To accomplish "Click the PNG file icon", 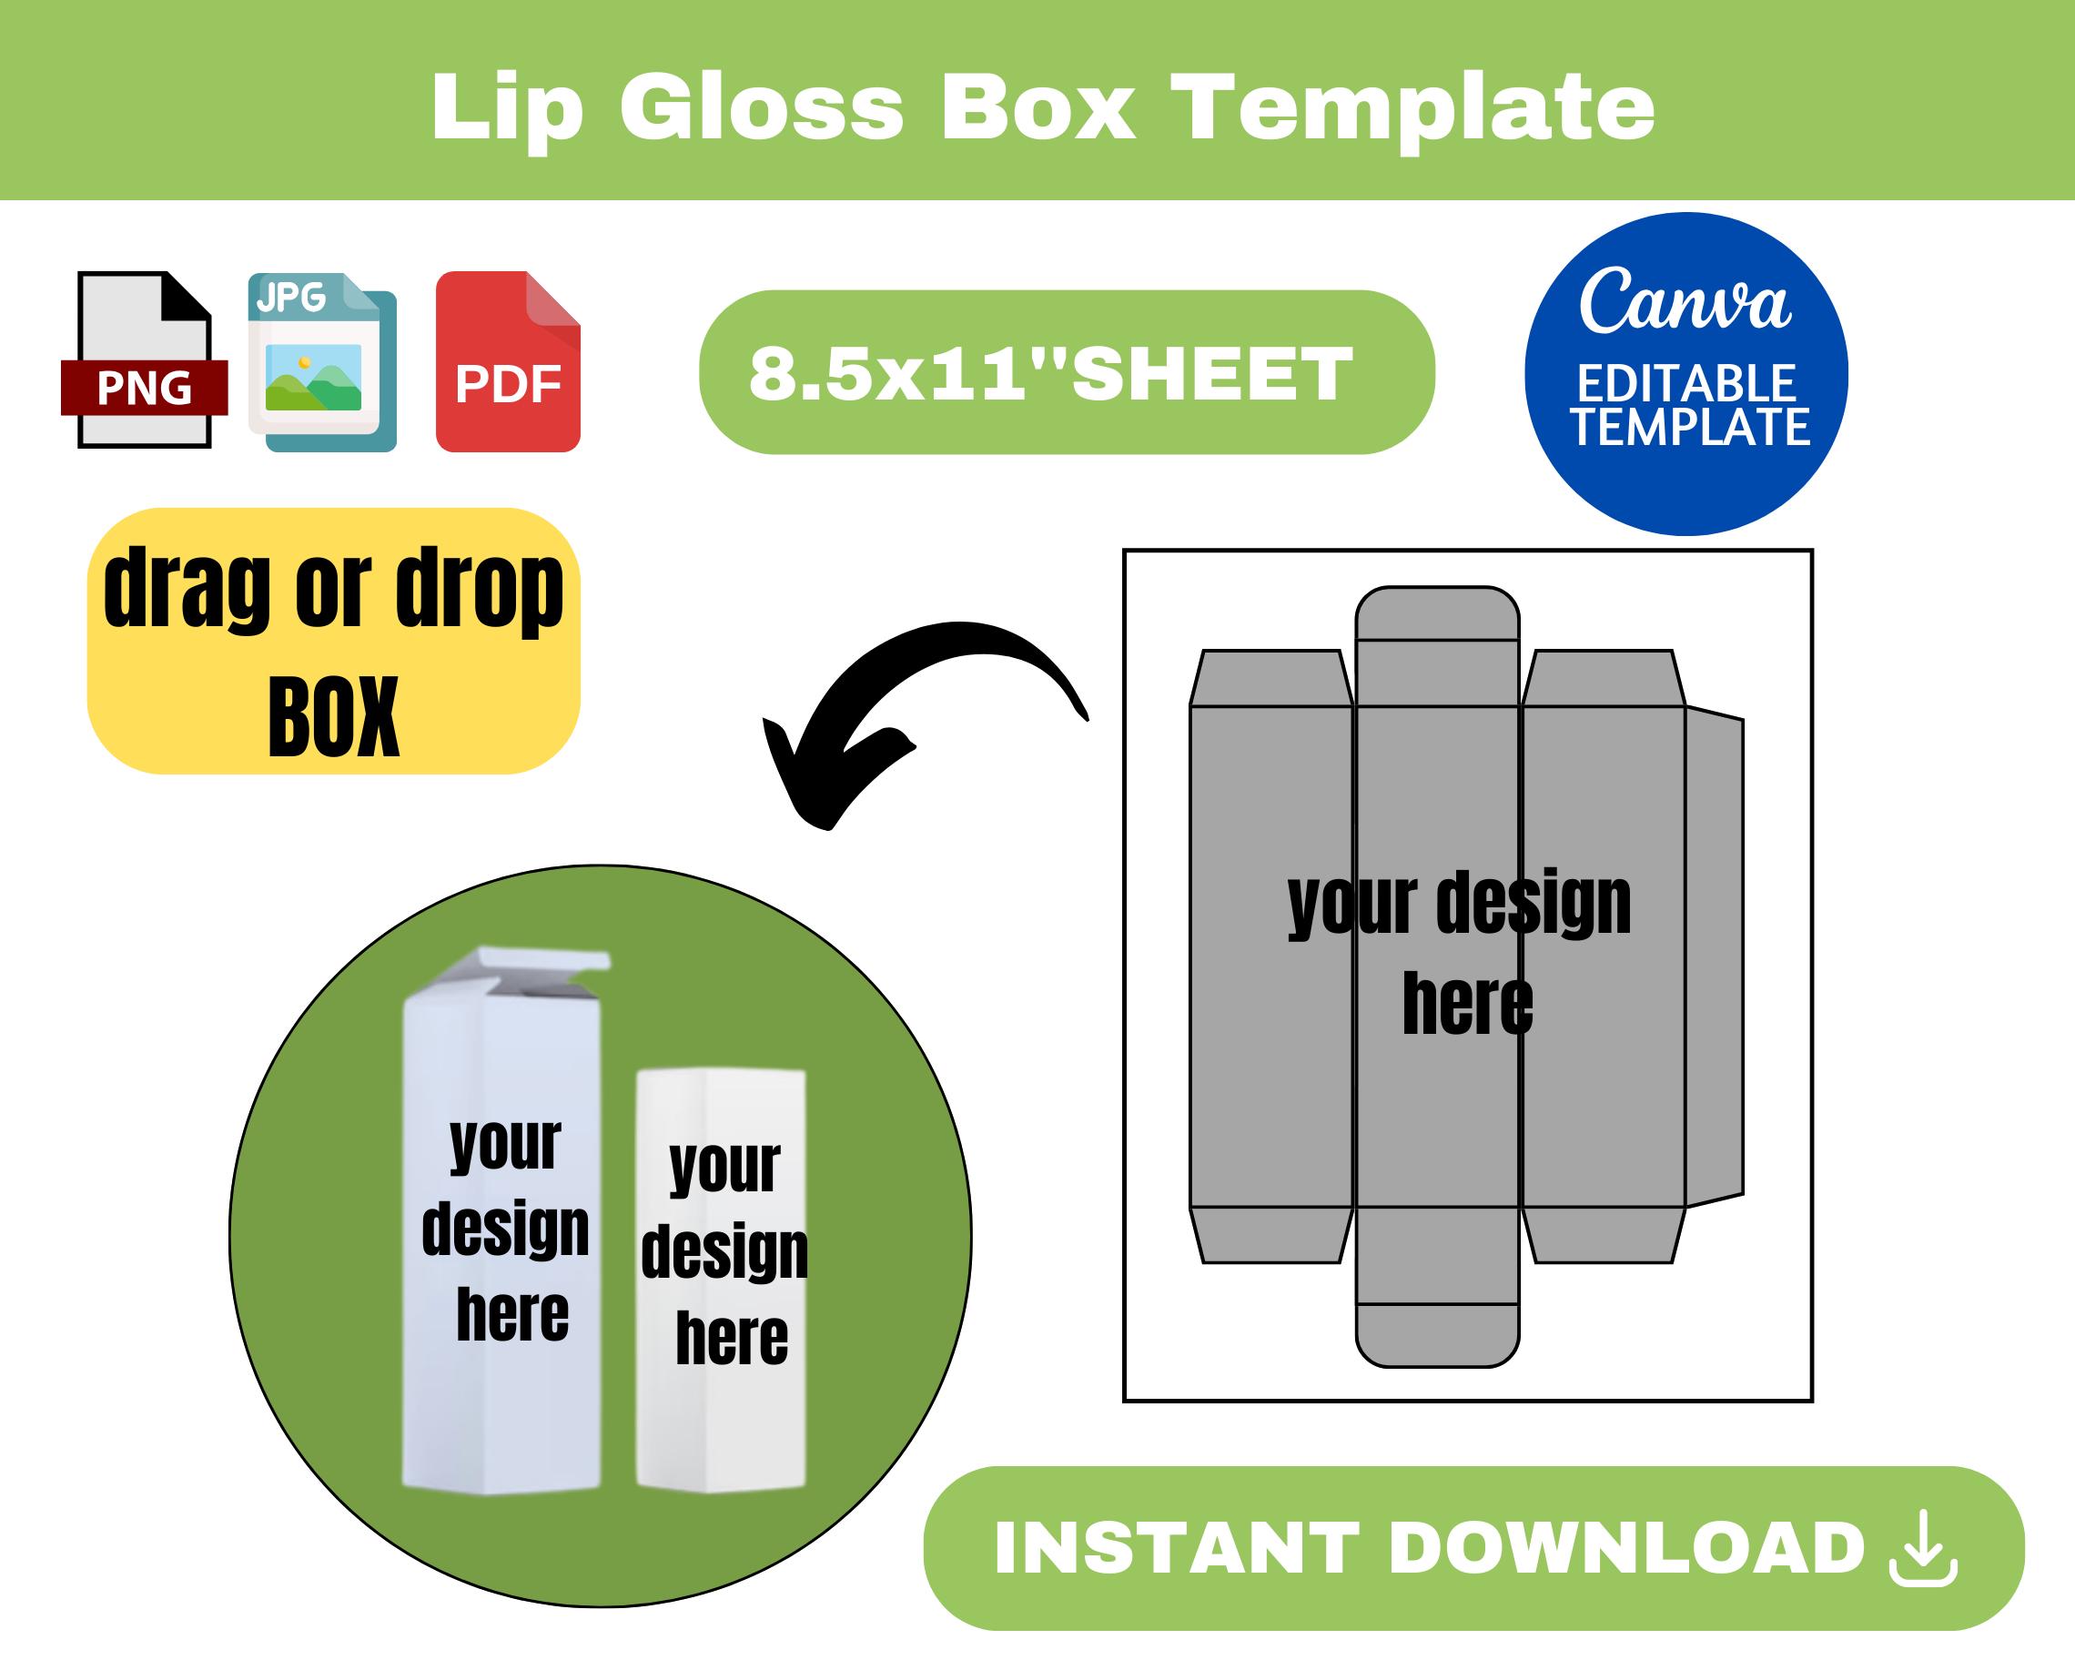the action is pos(145,359).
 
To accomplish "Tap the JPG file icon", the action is pos(322,362).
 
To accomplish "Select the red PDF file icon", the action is pos(508,362).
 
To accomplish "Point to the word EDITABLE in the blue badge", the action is pos(1686,383).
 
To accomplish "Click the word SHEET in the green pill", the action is pos(1211,372).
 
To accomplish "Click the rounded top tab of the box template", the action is pos(1437,613).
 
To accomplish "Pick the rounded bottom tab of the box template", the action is pos(1437,1336).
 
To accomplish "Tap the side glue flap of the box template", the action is pos(1714,957).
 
